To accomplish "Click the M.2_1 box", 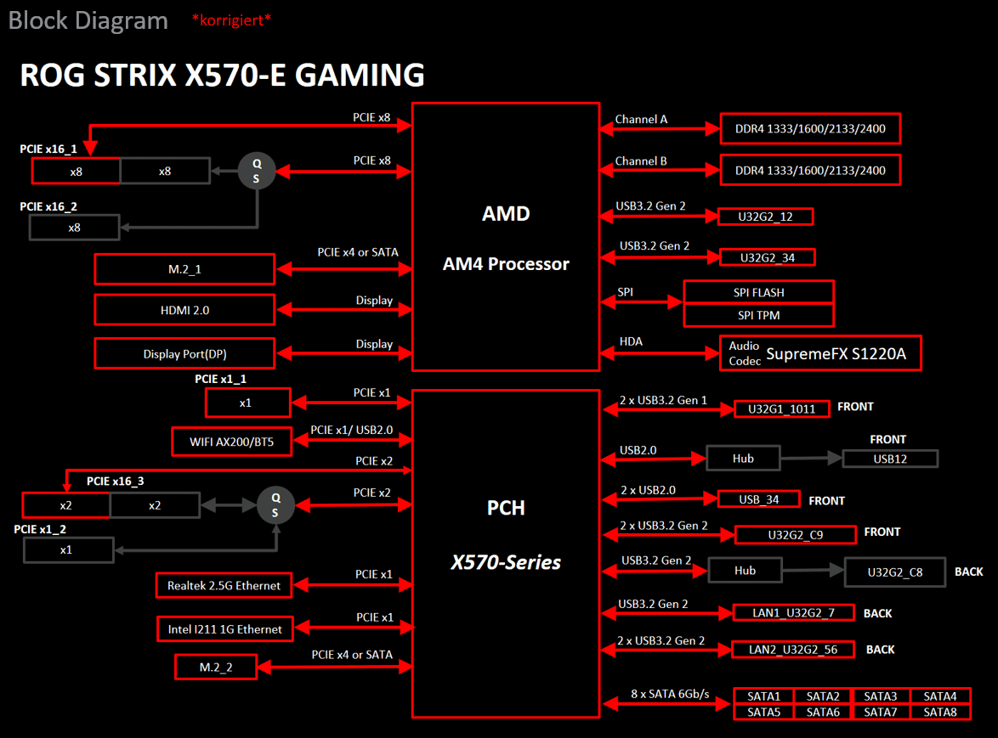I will coord(184,269).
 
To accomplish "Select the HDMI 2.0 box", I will coord(184,310).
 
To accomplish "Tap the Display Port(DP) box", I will coord(184,354).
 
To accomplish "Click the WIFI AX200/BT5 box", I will coord(231,441).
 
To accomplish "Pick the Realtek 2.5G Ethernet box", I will coord(224,585).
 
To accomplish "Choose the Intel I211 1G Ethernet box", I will coord(224,629).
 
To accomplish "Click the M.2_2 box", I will coord(216,668).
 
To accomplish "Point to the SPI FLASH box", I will coord(758,292).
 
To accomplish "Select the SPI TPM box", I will coord(758,315).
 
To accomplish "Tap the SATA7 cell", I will coord(881,712).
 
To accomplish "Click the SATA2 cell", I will coord(822,696).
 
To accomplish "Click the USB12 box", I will coord(890,459).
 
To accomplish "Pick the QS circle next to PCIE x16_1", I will coord(256,171).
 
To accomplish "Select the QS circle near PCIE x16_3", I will coord(275,505).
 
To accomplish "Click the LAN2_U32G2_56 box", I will coord(792,650).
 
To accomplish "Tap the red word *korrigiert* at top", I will coord(231,20).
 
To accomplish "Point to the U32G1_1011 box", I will coord(781,408).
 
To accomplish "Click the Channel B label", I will coord(641,161).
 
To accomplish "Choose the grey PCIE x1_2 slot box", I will coord(67,550).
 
